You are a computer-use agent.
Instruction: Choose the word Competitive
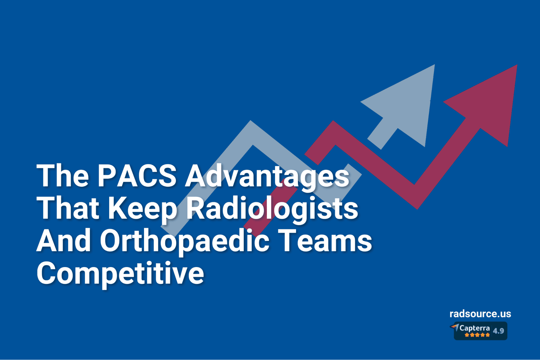point(120,274)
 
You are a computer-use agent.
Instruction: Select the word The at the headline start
point(63,176)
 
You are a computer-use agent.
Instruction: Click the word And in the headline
point(64,241)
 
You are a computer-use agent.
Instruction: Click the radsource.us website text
point(480,314)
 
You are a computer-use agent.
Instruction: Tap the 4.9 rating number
point(498,331)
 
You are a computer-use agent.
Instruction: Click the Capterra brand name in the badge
point(474,328)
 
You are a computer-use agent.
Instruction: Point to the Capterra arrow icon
point(455,327)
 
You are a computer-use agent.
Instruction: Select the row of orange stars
point(477,335)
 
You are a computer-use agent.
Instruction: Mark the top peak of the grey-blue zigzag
point(251,127)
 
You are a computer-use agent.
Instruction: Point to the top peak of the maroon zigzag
point(334,127)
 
